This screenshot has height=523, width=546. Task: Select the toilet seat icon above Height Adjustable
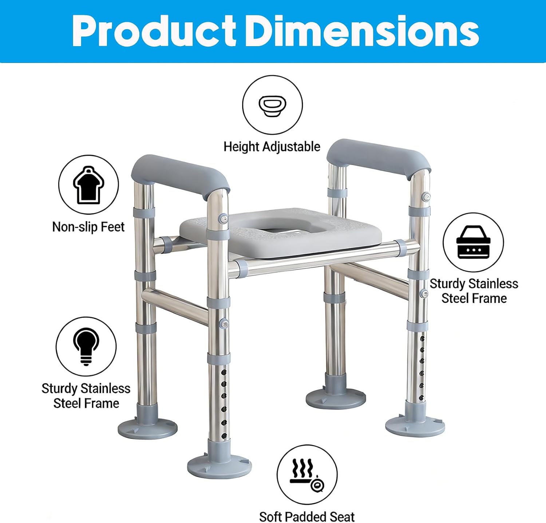point(272,105)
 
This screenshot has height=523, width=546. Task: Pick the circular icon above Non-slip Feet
point(88,185)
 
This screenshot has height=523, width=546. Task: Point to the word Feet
point(112,227)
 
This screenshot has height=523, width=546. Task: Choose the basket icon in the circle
point(473,242)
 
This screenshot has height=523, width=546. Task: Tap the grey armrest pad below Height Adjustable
point(379,158)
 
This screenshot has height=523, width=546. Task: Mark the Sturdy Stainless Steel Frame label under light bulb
point(86,396)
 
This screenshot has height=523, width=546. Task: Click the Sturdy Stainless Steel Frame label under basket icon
point(474,291)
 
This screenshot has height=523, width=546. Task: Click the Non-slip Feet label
point(88,227)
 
